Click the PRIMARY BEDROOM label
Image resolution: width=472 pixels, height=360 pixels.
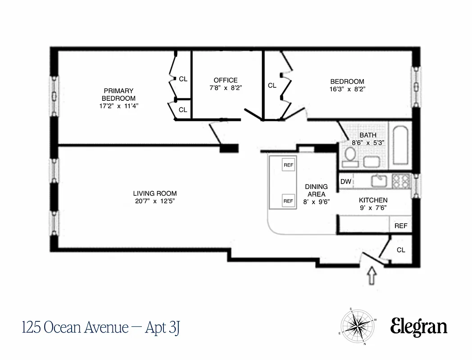coord(118,94)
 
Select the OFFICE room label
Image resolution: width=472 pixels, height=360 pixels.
coord(225,80)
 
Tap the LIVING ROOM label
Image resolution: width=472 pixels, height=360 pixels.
coord(154,193)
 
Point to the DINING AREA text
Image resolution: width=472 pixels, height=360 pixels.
coord(316,190)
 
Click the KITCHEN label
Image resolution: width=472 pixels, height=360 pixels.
coord(373,200)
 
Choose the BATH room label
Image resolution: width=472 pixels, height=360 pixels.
coord(368,135)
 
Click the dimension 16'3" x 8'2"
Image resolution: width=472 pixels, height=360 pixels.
coord(347,89)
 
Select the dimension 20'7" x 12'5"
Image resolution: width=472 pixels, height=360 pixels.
coord(154,201)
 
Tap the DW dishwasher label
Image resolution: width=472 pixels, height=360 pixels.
coord(345,182)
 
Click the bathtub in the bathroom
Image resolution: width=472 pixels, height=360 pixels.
coord(400,145)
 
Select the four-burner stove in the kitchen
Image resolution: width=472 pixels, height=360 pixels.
coord(401,181)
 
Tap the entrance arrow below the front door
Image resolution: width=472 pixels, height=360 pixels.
coord(372,276)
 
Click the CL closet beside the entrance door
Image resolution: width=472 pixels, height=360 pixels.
coord(401,250)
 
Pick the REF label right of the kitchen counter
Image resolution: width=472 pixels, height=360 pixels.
coord(400,226)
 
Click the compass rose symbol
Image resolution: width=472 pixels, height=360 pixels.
coord(358,326)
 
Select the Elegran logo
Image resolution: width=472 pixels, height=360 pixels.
coord(418,327)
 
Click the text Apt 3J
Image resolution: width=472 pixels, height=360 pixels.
coord(163,327)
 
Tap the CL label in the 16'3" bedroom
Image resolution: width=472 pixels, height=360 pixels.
coord(272,85)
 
